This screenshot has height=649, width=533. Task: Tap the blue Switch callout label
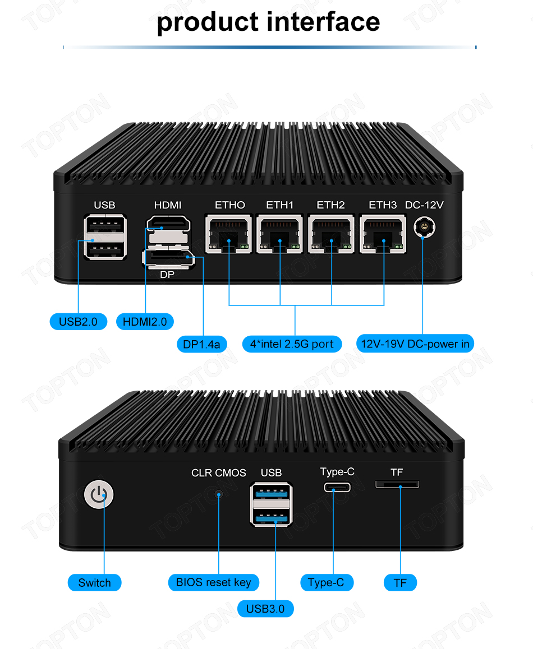click(94, 583)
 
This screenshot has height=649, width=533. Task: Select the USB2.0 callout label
click(78, 322)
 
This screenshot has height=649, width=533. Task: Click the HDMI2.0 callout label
click(145, 322)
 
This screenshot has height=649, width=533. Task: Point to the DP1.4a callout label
click(201, 344)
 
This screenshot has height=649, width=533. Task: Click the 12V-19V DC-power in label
click(415, 344)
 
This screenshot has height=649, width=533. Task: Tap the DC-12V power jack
click(425, 229)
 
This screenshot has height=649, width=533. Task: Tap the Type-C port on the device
click(337, 486)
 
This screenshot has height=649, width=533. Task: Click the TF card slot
click(397, 484)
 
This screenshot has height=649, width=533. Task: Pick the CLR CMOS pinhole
click(218, 494)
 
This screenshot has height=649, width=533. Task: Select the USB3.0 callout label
click(265, 609)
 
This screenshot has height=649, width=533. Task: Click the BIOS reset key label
click(214, 582)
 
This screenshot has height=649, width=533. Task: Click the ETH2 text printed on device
click(330, 205)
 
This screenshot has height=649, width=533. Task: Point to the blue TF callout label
click(400, 583)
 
